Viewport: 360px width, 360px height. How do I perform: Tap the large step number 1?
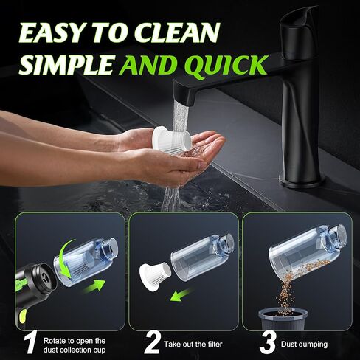[31, 342]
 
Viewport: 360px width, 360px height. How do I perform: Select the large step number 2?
[152, 342]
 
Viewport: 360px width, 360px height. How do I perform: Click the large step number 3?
[268, 342]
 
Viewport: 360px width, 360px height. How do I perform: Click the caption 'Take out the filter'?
[193, 344]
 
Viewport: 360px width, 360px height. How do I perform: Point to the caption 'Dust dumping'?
[304, 344]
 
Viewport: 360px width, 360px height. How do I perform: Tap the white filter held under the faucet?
[171, 140]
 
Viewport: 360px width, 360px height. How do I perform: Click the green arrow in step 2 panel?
[181, 294]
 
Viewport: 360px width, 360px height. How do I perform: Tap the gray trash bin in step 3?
[283, 319]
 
